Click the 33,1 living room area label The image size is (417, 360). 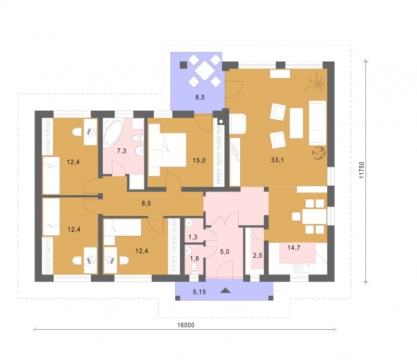point(277,160)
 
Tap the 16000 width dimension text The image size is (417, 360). point(186,325)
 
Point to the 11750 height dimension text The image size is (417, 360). point(361,170)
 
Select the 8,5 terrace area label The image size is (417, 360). point(200,97)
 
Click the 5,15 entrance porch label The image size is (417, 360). point(199,292)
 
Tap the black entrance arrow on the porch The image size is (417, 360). point(226,291)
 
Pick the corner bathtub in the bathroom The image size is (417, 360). point(113,133)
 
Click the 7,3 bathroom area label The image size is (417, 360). point(121,151)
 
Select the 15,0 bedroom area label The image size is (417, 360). point(199,160)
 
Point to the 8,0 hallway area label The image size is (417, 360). point(146,203)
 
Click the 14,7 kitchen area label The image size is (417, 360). point(293,248)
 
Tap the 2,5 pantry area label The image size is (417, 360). point(257,256)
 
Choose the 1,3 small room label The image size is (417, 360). point(193,237)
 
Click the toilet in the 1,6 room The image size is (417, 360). point(194,267)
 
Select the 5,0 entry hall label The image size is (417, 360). point(225,251)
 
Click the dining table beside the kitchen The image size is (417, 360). point(314,217)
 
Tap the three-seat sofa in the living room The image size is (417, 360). point(317,123)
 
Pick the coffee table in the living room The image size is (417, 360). point(296,123)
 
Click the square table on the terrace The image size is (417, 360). point(205,70)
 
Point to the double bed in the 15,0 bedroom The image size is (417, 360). point(167,150)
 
